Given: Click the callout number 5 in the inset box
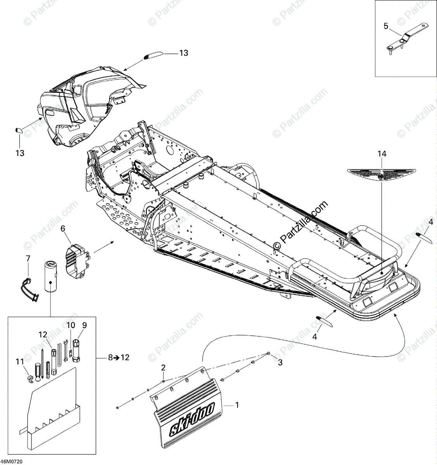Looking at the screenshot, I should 386,26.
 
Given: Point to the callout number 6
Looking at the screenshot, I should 62,229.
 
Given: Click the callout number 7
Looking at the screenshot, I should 28,258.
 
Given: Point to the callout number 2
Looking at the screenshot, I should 163,367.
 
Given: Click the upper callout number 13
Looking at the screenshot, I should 184,53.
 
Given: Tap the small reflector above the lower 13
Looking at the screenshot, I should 18,130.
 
